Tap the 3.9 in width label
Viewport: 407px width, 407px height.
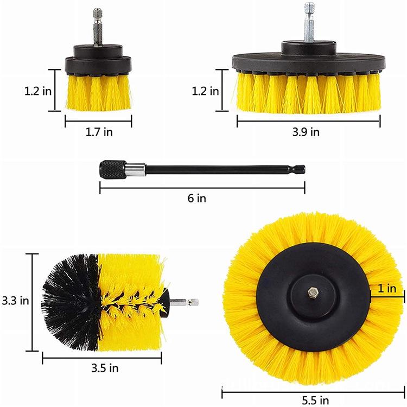click(x=308, y=132)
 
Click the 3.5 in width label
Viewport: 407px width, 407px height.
click(x=105, y=368)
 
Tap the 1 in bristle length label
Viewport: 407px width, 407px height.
click(x=387, y=289)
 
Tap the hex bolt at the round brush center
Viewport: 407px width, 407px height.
click(x=314, y=292)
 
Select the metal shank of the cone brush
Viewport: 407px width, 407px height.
click(x=185, y=302)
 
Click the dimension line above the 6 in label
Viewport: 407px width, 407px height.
click(x=202, y=187)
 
